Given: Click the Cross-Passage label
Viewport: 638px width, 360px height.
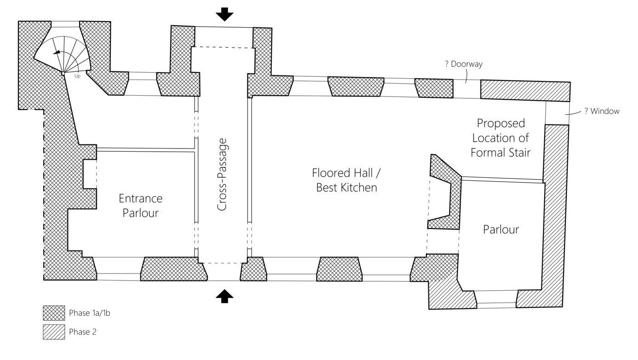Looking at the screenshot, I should [x=222, y=178].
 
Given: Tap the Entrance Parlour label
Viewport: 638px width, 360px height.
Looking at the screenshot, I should [x=141, y=206].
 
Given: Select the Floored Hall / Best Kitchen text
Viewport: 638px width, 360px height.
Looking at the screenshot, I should [x=346, y=180].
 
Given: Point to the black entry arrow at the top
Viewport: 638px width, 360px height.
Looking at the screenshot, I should [x=224, y=14].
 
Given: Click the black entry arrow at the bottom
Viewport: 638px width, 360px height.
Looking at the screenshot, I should [x=224, y=297].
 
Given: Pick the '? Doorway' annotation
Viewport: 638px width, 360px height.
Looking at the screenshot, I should [x=463, y=64].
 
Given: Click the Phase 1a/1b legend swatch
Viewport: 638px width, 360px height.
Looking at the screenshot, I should [x=53, y=313].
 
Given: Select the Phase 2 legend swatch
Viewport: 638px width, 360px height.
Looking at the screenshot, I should [x=53, y=332].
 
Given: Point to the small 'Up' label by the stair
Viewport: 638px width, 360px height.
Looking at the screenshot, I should [x=77, y=76].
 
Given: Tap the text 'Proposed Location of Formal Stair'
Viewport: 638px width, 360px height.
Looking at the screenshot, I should [x=501, y=137].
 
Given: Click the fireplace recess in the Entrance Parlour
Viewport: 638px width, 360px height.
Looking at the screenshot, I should [x=90, y=174].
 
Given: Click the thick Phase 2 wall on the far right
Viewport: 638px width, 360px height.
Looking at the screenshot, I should [x=555, y=211].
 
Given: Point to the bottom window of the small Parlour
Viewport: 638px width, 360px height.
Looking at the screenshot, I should [x=496, y=304].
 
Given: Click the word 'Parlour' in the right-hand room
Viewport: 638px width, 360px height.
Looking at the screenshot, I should [x=501, y=229].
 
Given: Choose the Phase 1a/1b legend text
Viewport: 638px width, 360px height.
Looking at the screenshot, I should [x=90, y=313].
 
